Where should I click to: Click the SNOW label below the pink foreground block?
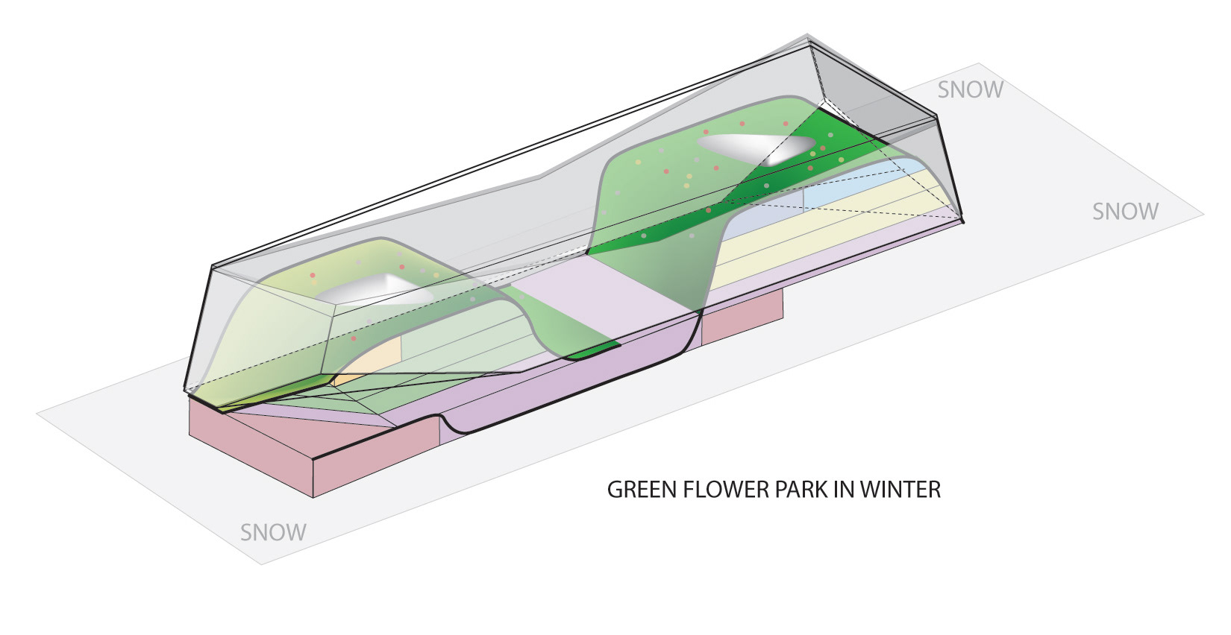273,532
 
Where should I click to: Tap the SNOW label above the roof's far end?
970,89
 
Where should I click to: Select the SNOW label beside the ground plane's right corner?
1125,212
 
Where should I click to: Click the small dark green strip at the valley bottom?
593,351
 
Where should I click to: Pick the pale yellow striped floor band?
821,231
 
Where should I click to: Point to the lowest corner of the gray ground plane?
261,563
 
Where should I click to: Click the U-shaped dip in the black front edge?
457,429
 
